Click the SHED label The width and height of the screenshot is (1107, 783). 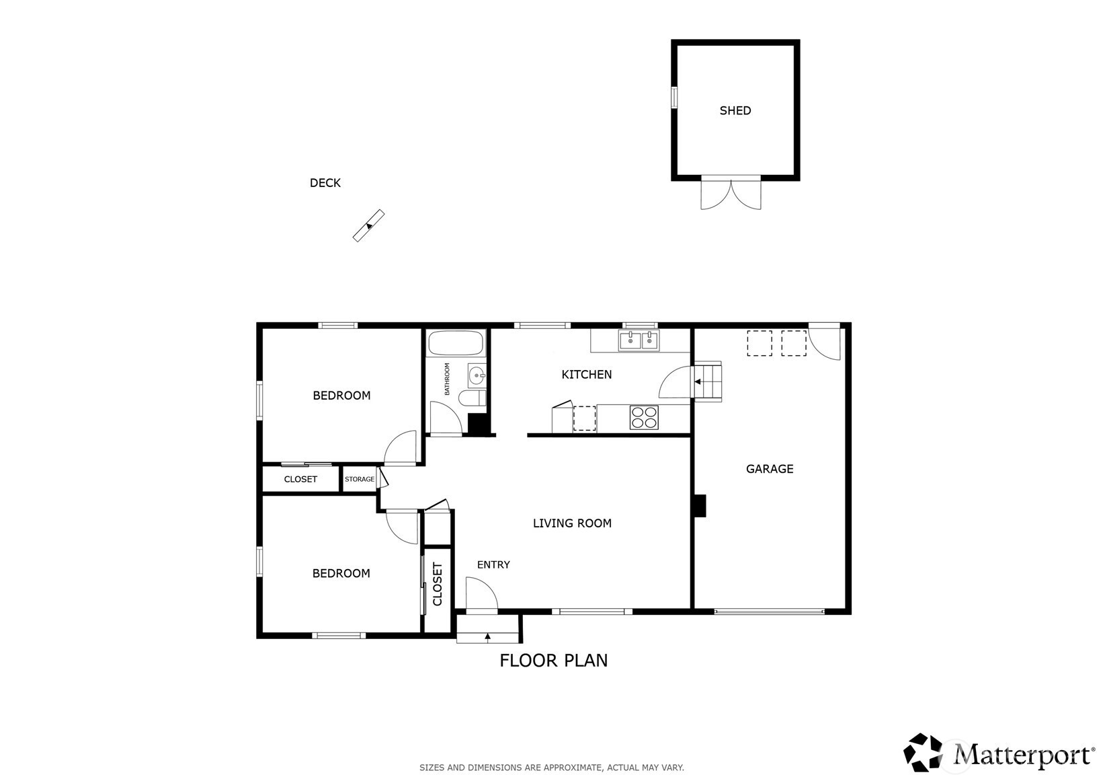click(x=735, y=110)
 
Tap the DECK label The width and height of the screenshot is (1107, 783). click(x=325, y=183)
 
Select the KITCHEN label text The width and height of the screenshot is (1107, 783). click(x=587, y=375)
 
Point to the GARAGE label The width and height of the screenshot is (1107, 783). click(x=770, y=469)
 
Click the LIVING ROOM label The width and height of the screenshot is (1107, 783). click(x=572, y=523)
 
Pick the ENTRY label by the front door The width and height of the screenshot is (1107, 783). click(x=493, y=565)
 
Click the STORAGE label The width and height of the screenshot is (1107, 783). click(x=360, y=479)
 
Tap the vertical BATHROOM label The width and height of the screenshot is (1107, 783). click(x=447, y=379)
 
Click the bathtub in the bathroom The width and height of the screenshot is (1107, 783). click(x=455, y=343)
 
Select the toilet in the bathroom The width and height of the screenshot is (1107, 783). click(x=473, y=398)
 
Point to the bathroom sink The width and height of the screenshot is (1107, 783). click(x=477, y=376)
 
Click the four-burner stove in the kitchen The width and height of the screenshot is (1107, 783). click(x=644, y=417)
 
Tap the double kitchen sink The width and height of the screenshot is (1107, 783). click(x=639, y=341)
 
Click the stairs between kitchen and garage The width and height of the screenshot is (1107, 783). click(x=708, y=381)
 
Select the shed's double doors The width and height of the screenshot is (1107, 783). click(x=731, y=192)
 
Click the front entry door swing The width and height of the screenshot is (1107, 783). click(x=481, y=594)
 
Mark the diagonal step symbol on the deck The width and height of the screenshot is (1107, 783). click(x=369, y=225)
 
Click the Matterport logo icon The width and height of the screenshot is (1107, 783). click(x=923, y=752)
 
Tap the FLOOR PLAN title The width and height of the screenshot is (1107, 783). click(x=554, y=661)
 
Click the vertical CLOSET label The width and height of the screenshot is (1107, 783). click(x=438, y=584)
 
